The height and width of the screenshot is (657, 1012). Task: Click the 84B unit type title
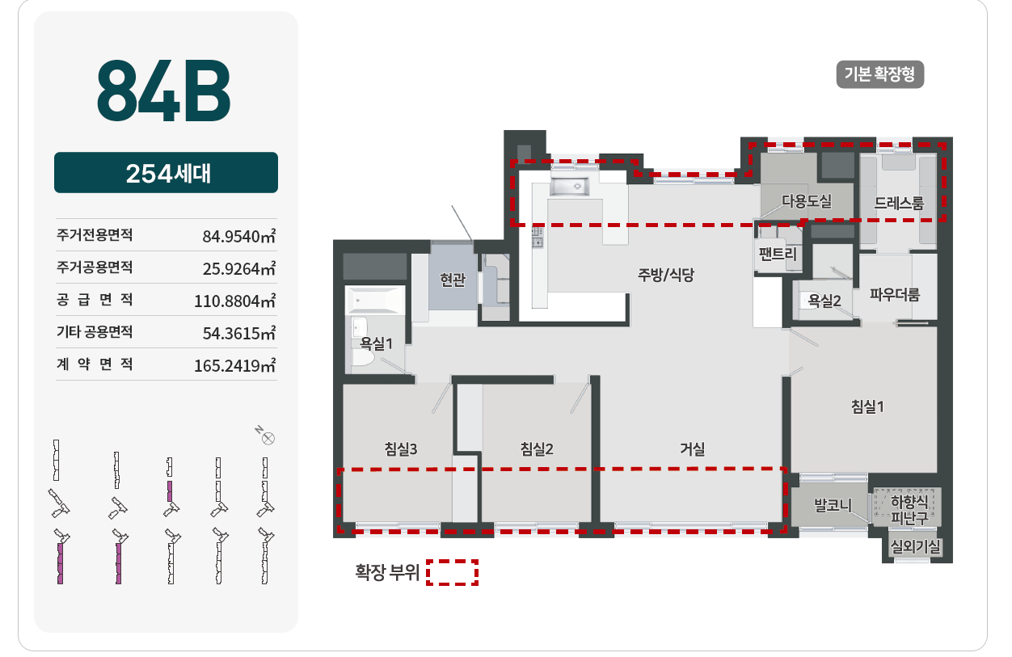coord(163,91)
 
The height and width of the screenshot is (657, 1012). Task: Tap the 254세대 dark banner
coord(166,172)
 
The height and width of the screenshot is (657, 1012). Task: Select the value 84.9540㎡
coord(238,236)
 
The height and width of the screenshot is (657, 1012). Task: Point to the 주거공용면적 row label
coord(95,267)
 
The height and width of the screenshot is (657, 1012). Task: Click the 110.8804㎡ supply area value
coord(234,301)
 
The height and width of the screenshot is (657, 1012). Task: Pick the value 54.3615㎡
coord(238,333)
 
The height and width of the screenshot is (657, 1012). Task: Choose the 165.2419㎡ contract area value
coord(234,364)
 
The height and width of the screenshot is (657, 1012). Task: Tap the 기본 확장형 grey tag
coord(879,74)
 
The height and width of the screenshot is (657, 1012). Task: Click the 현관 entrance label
coord(453,280)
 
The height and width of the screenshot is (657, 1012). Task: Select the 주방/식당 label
coord(665,275)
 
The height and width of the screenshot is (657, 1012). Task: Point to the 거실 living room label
coord(693,449)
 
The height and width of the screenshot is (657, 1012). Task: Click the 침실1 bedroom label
coord(867,406)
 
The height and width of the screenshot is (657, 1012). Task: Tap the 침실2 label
coord(537,449)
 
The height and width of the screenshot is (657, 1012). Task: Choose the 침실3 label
coord(401,449)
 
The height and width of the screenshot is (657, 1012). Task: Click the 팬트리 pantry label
coord(778,254)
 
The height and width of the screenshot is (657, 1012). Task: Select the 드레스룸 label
coord(899,203)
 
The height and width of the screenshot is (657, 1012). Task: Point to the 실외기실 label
coord(915,547)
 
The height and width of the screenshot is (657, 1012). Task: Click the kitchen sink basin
coord(569,186)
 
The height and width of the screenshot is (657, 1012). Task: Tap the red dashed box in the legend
coord(452,572)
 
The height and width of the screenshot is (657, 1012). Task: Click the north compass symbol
coord(268,439)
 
